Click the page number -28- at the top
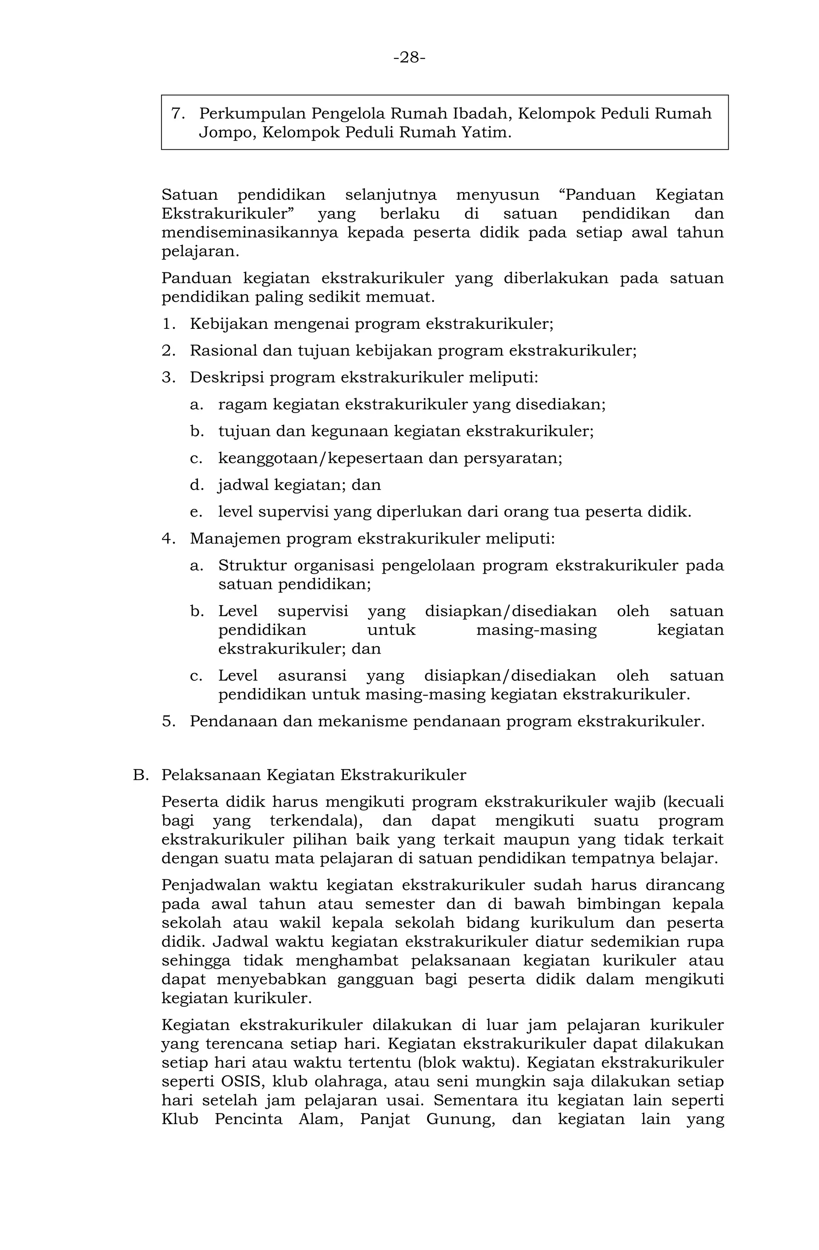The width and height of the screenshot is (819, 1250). pos(409,57)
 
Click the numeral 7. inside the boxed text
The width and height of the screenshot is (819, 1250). pos(177,113)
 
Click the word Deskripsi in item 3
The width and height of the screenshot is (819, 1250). pos(224,378)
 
